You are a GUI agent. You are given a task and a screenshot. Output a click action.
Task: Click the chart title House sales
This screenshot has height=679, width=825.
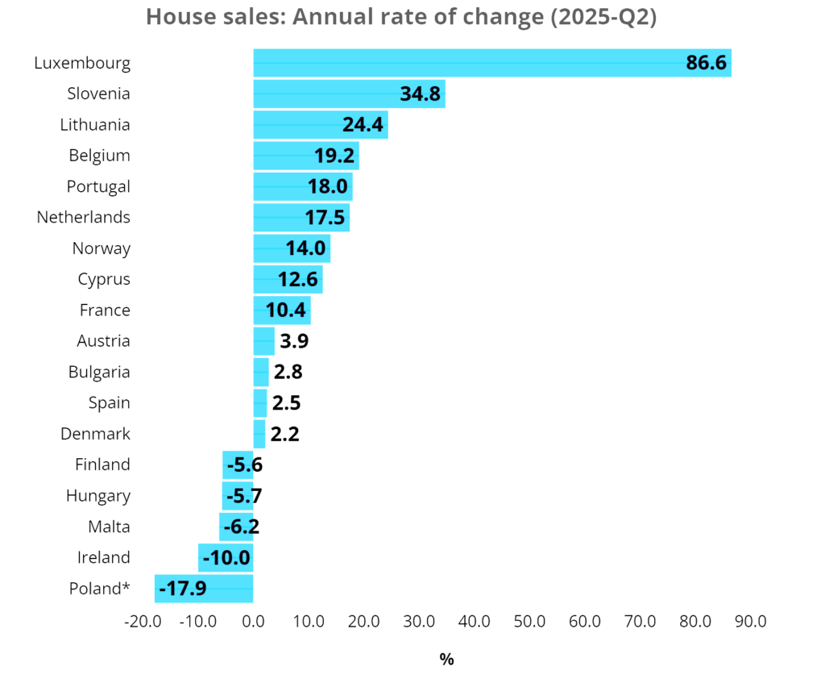(400, 17)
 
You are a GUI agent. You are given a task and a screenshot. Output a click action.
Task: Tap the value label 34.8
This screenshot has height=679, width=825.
(420, 94)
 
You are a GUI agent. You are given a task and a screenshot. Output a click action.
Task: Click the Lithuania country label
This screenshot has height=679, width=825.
(95, 124)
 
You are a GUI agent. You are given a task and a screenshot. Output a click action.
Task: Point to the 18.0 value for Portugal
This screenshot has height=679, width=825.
(327, 186)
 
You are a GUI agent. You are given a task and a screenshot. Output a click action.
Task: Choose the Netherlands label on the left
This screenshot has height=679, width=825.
(83, 217)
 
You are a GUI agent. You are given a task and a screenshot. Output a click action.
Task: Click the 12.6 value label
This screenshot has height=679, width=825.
(298, 279)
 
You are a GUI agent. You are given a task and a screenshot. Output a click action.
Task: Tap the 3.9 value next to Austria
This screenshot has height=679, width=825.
(294, 341)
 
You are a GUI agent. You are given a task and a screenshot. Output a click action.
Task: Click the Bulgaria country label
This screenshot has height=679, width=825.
(99, 372)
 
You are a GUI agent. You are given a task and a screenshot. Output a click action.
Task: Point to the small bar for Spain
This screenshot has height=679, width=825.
(260, 402)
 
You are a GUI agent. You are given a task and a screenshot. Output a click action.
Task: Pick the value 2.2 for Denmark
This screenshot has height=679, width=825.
(284, 434)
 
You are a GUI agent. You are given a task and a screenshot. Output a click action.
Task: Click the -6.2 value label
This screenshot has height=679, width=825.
(241, 527)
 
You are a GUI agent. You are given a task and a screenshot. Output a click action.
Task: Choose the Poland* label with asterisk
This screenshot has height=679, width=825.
(99, 589)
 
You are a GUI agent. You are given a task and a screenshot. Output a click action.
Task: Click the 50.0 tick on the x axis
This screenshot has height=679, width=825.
(529, 622)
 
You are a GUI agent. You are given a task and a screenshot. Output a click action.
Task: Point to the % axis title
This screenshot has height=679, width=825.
(446, 660)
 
